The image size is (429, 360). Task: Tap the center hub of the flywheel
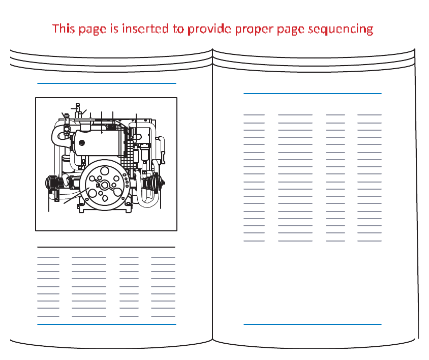105,185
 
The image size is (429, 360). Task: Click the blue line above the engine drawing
106,83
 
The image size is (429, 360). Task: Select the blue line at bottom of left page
106,324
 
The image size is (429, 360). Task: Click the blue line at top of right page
312,94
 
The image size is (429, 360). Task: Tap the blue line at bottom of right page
312,324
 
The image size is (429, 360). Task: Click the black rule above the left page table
106,247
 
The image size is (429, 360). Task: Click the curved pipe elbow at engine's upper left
57,133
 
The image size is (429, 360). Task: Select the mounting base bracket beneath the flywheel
105,208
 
